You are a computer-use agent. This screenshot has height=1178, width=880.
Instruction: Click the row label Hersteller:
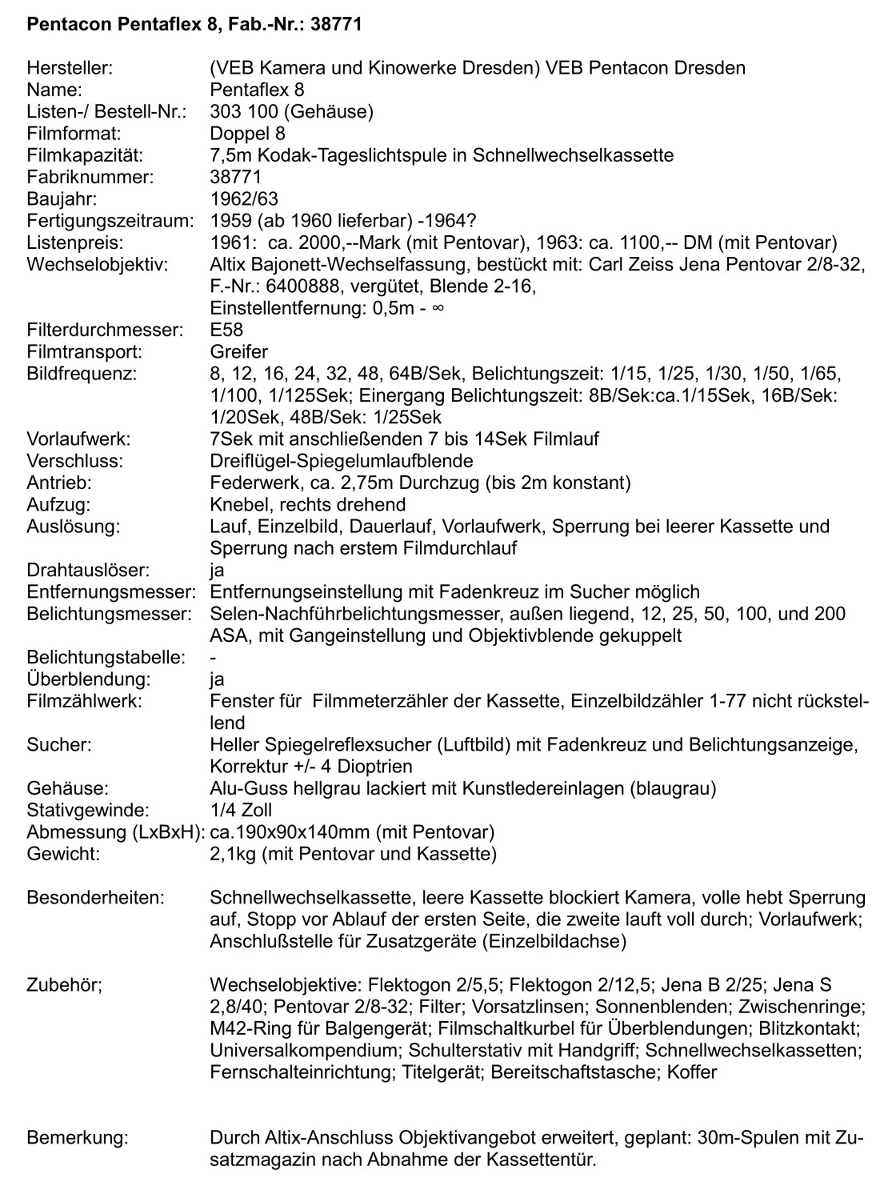pos(70,68)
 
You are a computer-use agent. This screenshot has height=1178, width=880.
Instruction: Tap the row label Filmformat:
pos(74,134)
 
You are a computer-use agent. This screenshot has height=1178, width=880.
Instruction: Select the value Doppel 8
pos(247,134)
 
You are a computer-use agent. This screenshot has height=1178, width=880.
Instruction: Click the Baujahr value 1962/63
pos(244,198)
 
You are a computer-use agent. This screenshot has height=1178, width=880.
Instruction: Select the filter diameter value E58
pos(226,330)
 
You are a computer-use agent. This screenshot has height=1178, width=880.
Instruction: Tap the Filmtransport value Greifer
pos(238,351)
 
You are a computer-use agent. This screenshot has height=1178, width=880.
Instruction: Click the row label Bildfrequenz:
pos(82,374)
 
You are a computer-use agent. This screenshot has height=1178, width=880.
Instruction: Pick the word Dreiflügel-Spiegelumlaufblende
pos(341,461)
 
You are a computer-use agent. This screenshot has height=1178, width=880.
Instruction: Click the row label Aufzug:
pos(58,505)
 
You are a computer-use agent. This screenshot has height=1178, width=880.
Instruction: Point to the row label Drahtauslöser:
pos(88,571)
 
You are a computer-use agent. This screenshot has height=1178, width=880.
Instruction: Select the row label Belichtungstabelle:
pos(106,658)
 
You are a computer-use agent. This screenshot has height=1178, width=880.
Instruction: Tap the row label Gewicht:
pos(63,854)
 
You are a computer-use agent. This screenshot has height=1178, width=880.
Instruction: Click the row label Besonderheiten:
pos(95,897)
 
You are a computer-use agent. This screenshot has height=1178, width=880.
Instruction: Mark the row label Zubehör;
pos(64,984)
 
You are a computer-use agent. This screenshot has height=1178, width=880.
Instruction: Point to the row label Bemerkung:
pos(77,1137)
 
